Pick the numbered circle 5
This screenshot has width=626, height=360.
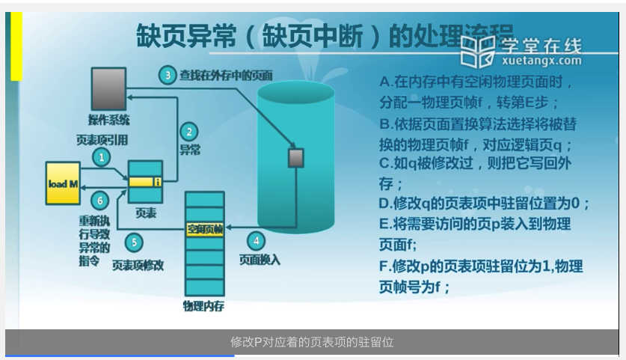tap(133, 242)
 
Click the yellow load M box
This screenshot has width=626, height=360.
tap(63, 183)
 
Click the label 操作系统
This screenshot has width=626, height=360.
tap(108, 119)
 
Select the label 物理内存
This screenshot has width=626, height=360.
tap(203, 306)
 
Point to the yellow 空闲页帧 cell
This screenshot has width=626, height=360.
tap(205, 228)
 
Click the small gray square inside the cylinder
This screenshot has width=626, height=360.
tap(295, 158)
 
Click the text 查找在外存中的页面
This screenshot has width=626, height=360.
tap(225, 75)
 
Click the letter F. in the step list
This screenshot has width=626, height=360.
tap(384, 266)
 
